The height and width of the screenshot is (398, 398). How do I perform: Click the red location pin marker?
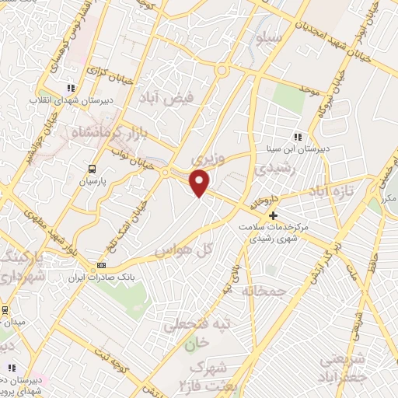click(201, 183)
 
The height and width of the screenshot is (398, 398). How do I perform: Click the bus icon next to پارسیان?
click(93, 168)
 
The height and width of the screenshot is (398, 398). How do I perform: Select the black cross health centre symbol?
click(273, 215)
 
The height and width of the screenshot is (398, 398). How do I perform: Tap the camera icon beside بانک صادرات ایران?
click(101, 266)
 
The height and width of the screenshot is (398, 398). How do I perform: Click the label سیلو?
click(268, 37)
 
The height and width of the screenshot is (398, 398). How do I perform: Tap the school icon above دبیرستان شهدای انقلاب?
click(71, 89)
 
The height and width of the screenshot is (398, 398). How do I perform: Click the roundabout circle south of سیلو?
click(222, 72)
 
